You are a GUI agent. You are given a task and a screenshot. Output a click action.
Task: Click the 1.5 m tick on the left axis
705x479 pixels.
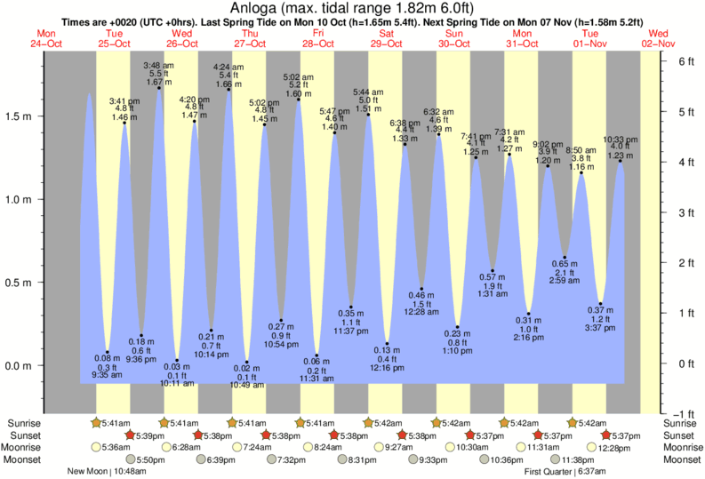22,116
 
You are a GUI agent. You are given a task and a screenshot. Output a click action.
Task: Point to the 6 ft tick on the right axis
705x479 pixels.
685,62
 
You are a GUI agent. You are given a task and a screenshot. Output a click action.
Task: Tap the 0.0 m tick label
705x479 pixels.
22,365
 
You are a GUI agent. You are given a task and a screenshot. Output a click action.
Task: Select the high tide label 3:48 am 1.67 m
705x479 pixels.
157,74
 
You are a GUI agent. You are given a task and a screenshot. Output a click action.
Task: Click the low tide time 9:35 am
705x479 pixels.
106,375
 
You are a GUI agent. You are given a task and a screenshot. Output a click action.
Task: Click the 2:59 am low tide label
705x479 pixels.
566,281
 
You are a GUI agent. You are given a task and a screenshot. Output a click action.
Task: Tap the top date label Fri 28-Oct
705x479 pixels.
316,38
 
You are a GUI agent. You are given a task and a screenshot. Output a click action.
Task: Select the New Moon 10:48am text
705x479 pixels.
100,472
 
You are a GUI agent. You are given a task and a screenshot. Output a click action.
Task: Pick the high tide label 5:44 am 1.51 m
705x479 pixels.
368,100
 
